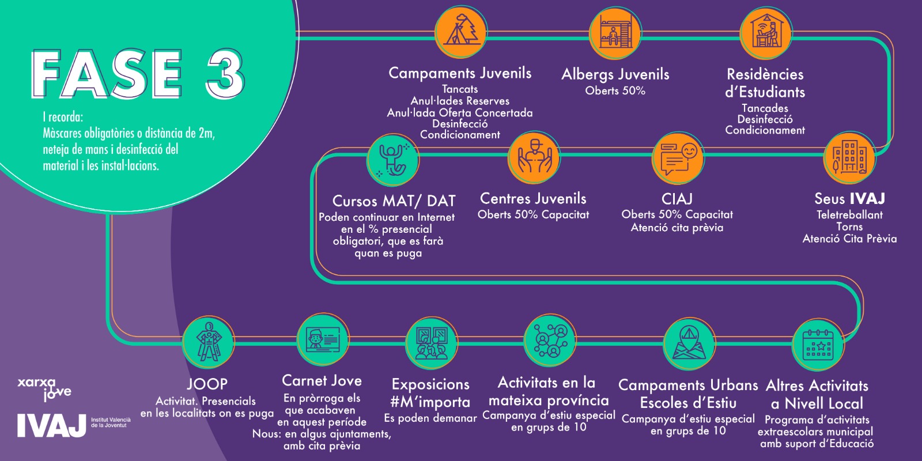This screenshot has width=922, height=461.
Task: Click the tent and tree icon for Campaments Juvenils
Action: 462,31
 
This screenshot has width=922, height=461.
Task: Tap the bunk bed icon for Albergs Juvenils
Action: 615,32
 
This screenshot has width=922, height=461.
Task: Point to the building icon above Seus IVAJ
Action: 849,158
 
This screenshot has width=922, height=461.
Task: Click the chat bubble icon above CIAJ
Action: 678,158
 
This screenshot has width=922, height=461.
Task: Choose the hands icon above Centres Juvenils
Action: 534,158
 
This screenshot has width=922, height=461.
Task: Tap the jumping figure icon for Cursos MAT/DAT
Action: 393,160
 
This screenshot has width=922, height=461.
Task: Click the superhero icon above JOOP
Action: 209,342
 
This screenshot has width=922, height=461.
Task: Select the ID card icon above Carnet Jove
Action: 323,339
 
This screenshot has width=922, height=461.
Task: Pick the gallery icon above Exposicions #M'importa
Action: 432,342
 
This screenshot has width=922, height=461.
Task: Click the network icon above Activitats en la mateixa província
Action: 550,341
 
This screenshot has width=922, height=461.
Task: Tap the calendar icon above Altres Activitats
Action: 818,345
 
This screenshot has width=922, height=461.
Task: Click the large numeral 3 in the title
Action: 225,74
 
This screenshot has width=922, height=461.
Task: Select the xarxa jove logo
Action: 44,390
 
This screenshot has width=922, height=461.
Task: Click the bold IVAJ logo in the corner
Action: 51,426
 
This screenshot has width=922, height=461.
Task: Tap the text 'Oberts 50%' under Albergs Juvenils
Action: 615,90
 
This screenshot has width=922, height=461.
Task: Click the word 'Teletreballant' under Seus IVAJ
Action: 849,215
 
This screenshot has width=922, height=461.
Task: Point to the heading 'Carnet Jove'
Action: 322,381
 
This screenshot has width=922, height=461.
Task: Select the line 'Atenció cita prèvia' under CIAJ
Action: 677,228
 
